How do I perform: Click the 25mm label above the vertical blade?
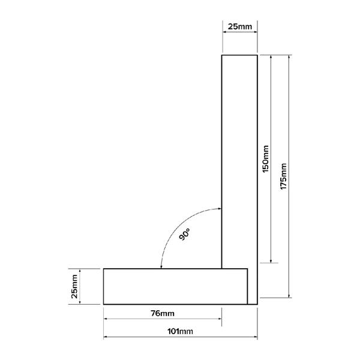click(239, 26)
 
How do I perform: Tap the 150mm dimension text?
click(265, 159)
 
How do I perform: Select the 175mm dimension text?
click(283, 176)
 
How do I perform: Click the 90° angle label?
click(185, 234)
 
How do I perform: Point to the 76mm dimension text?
click(163, 313)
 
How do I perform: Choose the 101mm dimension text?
click(180, 331)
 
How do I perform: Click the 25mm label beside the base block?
click(74, 286)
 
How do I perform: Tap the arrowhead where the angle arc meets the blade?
click(220, 209)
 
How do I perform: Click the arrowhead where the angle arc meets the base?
click(161, 267)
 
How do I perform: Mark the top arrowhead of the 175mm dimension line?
click(289, 57)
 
